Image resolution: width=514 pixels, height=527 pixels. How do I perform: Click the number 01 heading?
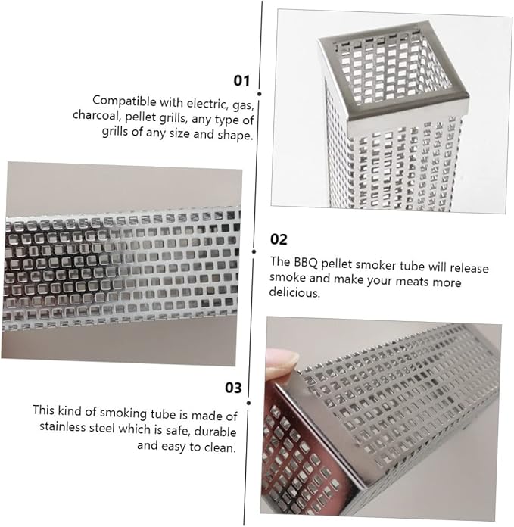click(241, 81)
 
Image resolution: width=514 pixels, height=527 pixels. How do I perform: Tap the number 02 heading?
click(279, 239)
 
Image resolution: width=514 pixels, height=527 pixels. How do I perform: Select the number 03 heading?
click(233, 388)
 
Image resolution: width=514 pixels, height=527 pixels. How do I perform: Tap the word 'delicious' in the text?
click(294, 292)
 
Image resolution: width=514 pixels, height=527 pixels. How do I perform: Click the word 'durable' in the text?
click(215, 431)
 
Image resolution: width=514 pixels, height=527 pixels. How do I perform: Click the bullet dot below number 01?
click(260, 94)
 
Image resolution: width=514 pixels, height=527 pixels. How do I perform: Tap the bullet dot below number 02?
click(254, 251)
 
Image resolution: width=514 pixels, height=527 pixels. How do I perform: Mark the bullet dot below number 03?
click(248, 403)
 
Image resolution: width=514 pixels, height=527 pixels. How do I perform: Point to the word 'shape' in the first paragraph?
click(235, 135)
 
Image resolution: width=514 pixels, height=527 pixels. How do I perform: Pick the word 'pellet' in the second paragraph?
click(337, 263)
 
